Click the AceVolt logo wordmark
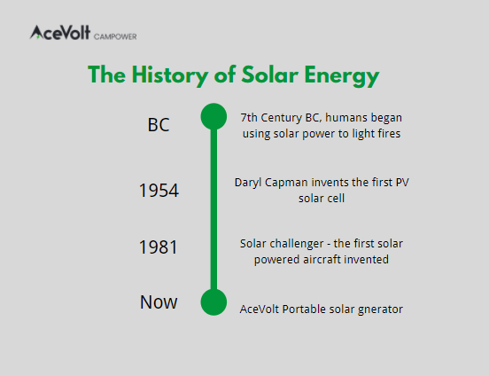[x=60, y=33]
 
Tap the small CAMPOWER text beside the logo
[x=115, y=37]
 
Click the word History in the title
[x=170, y=75]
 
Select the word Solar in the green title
[x=270, y=75]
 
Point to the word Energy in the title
[x=342, y=76]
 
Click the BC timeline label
[x=159, y=125]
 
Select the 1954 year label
[x=159, y=190]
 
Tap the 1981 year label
[x=159, y=247]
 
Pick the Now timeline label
[x=159, y=302]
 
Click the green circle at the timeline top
[x=213, y=116]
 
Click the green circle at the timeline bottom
[x=213, y=302]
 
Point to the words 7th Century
[x=271, y=118]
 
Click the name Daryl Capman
[x=271, y=183]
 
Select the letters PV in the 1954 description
[x=402, y=183]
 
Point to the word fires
[x=389, y=134]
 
